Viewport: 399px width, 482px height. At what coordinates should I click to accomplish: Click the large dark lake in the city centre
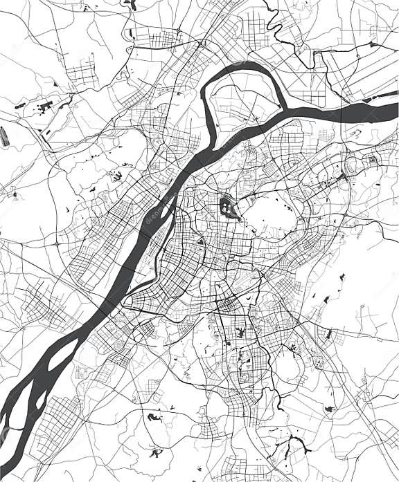[227, 206]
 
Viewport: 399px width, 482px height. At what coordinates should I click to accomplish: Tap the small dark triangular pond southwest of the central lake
[200, 241]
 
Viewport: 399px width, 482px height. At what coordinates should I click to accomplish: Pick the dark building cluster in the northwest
[46, 107]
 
